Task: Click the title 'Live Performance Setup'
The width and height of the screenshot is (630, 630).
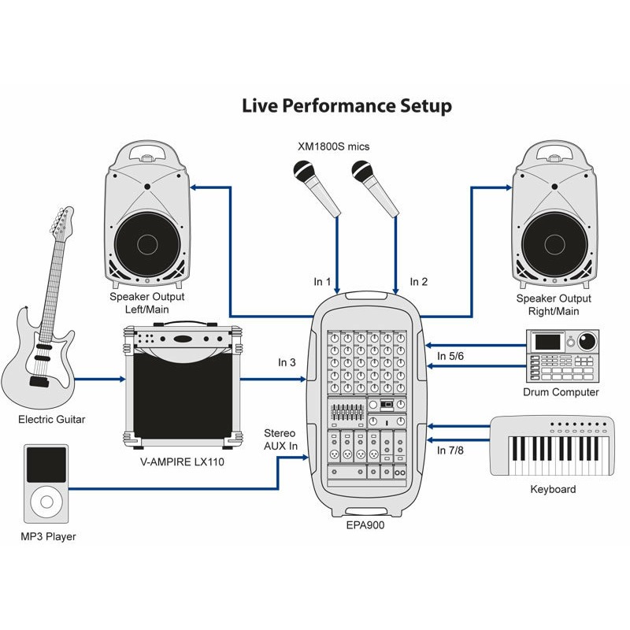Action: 346,106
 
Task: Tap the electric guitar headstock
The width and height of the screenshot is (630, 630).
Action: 62,224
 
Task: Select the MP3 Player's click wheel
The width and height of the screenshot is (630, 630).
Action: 46,502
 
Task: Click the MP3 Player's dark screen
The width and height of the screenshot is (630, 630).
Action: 46,465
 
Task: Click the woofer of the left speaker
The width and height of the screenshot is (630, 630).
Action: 147,244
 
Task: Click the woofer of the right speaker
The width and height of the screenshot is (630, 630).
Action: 555,244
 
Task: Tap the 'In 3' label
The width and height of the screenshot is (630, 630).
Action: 287,362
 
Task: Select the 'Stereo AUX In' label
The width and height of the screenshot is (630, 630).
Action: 280,439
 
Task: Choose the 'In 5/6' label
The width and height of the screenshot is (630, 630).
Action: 450,356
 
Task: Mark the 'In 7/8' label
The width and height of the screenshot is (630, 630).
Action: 450,450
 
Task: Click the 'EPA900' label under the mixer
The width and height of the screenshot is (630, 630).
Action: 365,525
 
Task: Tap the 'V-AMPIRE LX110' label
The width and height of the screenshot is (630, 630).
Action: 182,462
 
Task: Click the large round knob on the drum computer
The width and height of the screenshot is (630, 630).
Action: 587,342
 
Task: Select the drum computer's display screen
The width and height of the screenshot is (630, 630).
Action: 547,342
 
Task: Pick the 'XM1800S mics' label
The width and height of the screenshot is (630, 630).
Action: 333,146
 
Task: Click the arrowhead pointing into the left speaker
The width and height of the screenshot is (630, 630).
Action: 193,187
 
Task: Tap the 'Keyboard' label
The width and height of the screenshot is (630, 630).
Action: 553,489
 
